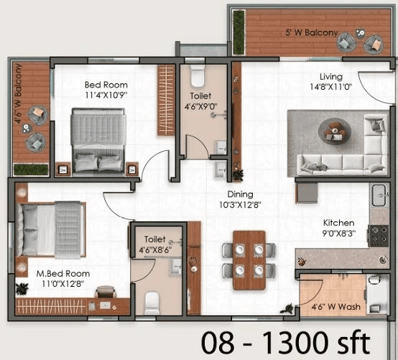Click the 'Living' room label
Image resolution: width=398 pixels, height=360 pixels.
coord(331,77)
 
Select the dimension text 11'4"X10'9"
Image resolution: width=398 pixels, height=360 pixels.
coord(106,94)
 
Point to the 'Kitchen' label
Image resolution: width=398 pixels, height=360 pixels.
coord(337,223)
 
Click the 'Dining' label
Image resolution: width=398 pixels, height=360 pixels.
coord(241,194)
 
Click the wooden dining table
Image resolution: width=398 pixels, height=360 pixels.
coord(249,259)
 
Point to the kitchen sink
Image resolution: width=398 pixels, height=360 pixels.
coord(378,194)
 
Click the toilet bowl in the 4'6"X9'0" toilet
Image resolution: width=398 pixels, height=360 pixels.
coord(198,73)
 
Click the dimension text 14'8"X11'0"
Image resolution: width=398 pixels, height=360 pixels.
coord(331,87)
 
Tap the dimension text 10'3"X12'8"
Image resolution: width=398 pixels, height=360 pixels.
coord(241,204)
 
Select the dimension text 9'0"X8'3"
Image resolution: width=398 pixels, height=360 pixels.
coord(337,233)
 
